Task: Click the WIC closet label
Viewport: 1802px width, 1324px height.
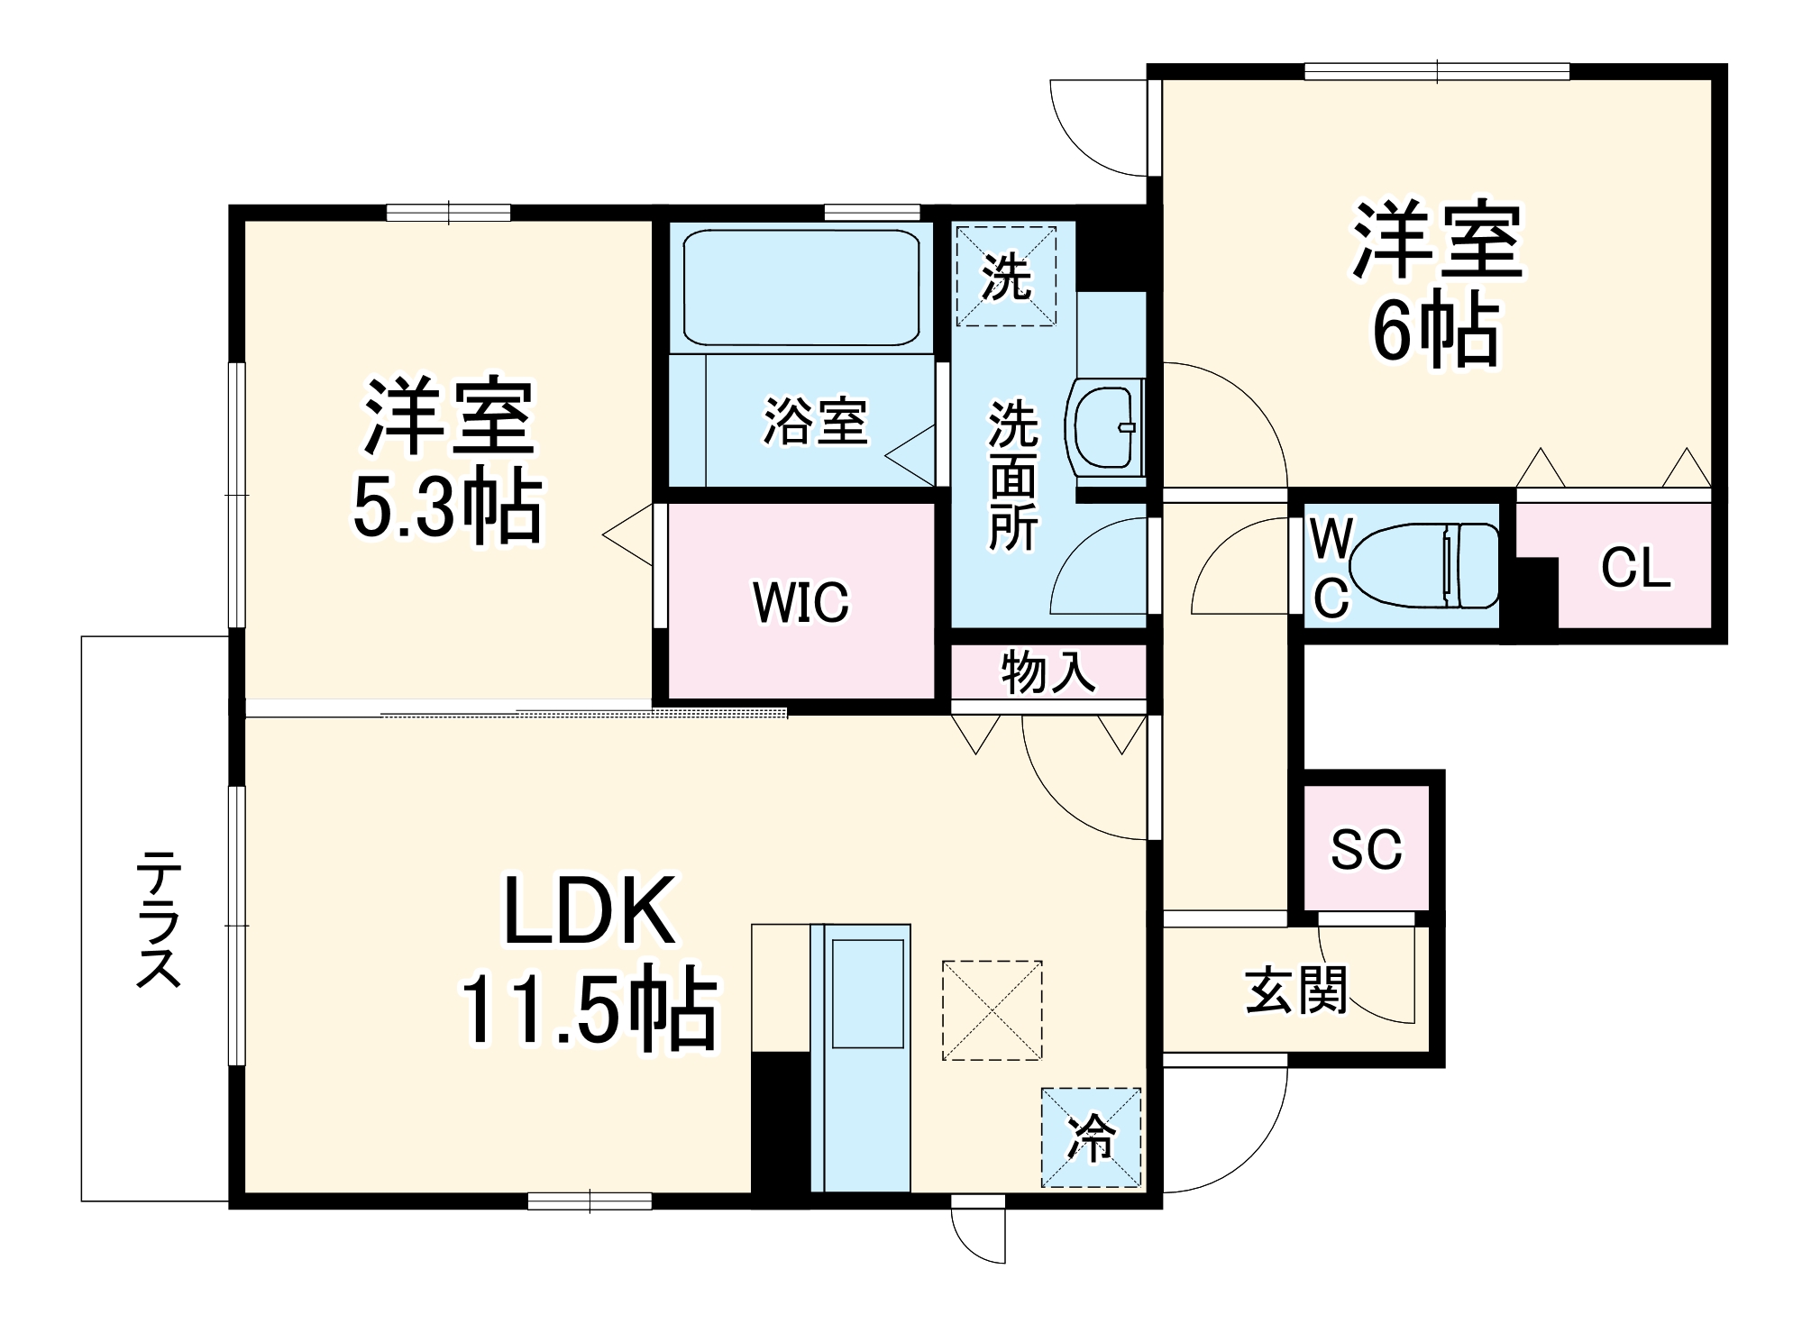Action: point(800,602)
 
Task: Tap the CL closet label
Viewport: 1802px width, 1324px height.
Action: point(1635,568)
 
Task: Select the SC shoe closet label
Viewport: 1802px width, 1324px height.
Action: point(1367,849)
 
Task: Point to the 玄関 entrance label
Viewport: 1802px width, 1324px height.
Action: point(1296,991)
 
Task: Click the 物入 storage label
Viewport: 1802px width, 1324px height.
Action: point(1047,672)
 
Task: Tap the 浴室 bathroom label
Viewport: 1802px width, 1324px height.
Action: point(815,421)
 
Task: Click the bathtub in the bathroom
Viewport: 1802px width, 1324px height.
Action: point(800,287)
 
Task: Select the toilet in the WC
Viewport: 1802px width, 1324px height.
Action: point(1424,566)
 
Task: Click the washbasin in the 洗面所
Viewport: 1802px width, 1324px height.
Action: point(1104,428)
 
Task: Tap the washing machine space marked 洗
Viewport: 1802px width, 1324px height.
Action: point(1005,276)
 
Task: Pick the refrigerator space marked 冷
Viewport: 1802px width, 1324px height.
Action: point(1091,1137)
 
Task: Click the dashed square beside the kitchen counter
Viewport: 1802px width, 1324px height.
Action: point(992,1009)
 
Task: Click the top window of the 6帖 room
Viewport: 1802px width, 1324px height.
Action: point(1437,71)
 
